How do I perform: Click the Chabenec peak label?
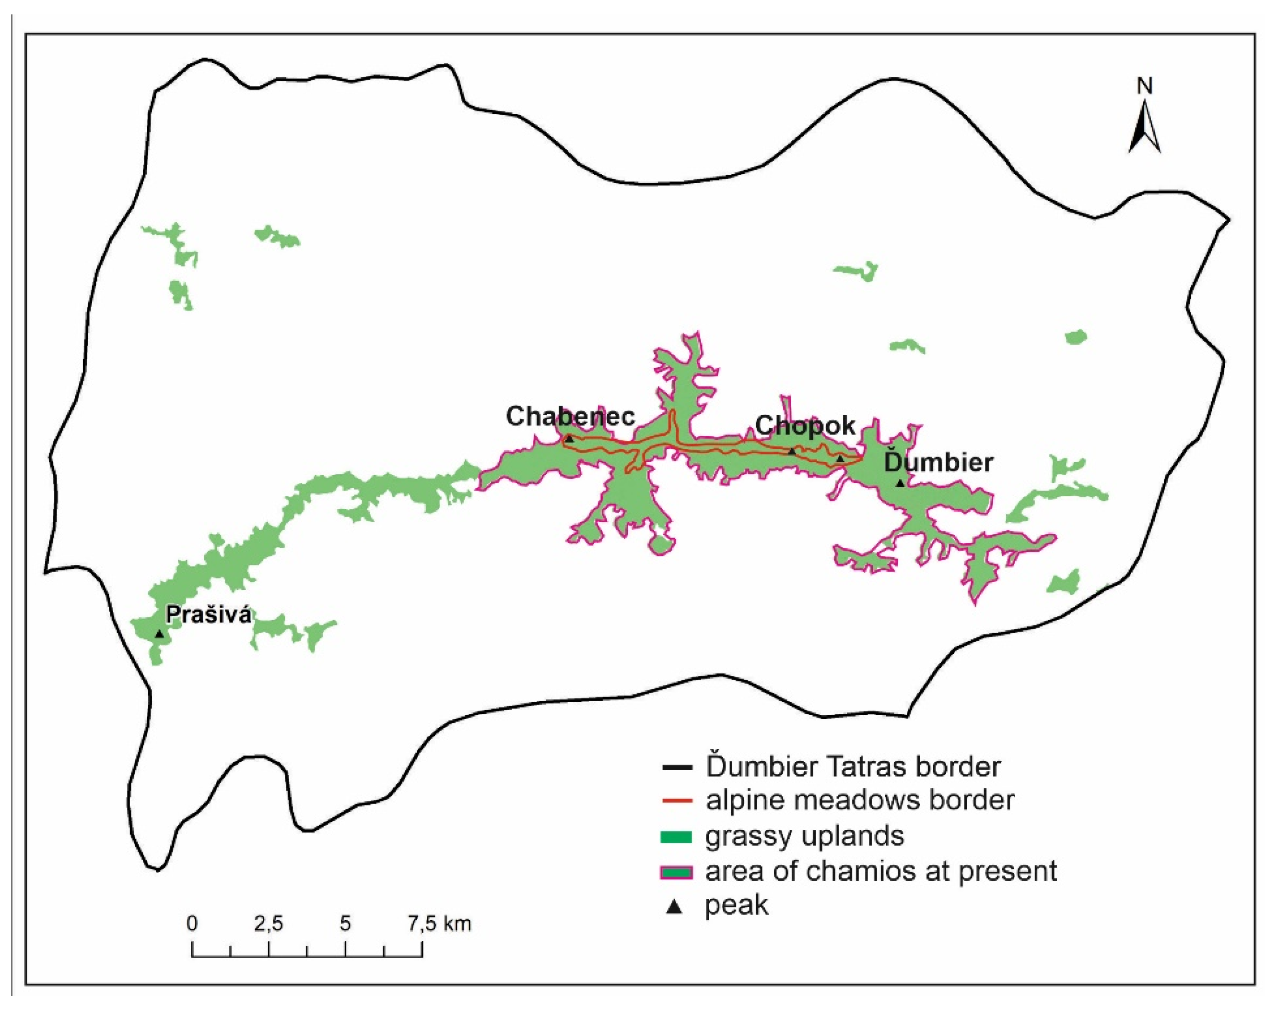[570, 417]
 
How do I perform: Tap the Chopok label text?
[805, 425]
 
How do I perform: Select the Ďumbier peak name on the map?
[938, 462]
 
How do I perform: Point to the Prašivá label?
[209, 615]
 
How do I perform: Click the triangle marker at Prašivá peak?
[159, 634]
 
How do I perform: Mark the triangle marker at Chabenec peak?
[569, 438]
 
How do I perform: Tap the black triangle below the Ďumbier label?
[900, 483]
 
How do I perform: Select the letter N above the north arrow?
[1145, 86]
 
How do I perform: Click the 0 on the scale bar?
[192, 923]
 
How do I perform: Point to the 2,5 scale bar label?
[269, 923]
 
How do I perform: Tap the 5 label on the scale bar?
[345, 923]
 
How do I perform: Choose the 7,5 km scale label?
[439, 923]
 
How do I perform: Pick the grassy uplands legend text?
[805, 836]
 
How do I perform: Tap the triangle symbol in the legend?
[675, 908]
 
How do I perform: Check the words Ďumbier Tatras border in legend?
[853, 766]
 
